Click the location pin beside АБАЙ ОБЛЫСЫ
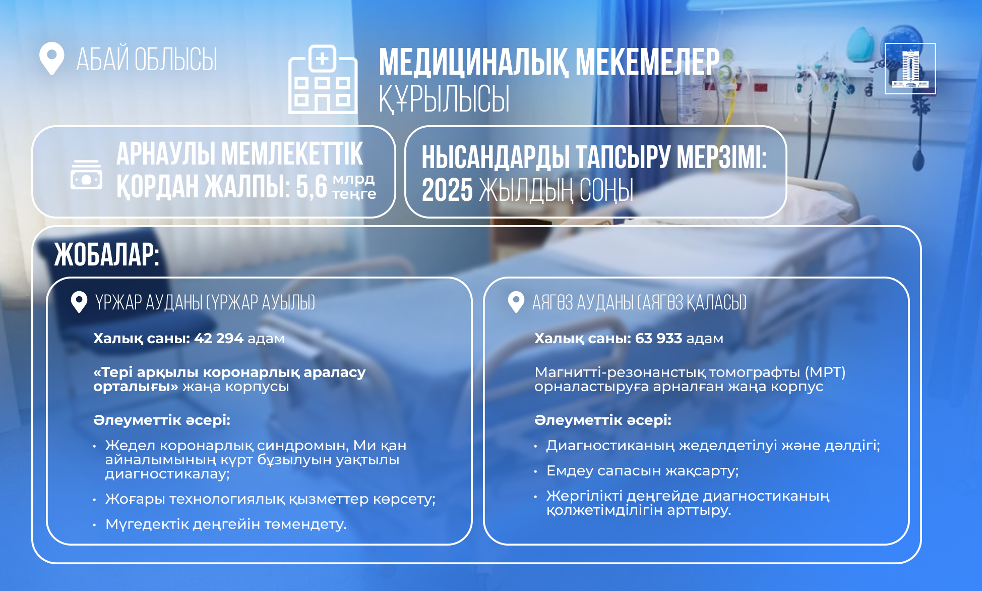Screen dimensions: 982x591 tap(51, 59)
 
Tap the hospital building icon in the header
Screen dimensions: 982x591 tap(323, 79)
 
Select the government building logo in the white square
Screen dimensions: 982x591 tap(910, 69)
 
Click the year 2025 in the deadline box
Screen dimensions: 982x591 tap(447, 190)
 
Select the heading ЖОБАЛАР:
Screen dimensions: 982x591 tap(107, 254)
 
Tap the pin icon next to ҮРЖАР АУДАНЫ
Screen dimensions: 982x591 tap(79, 302)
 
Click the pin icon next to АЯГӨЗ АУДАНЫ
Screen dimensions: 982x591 tap(516, 302)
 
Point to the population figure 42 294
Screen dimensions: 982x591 tap(219, 338)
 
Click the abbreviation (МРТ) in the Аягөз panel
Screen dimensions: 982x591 tap(825, 372)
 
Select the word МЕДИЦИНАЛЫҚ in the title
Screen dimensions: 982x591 tap(474, 63)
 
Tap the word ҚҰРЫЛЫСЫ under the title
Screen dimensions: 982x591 tap(444, 99)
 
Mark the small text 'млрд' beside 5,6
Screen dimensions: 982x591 tap(353, 179)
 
